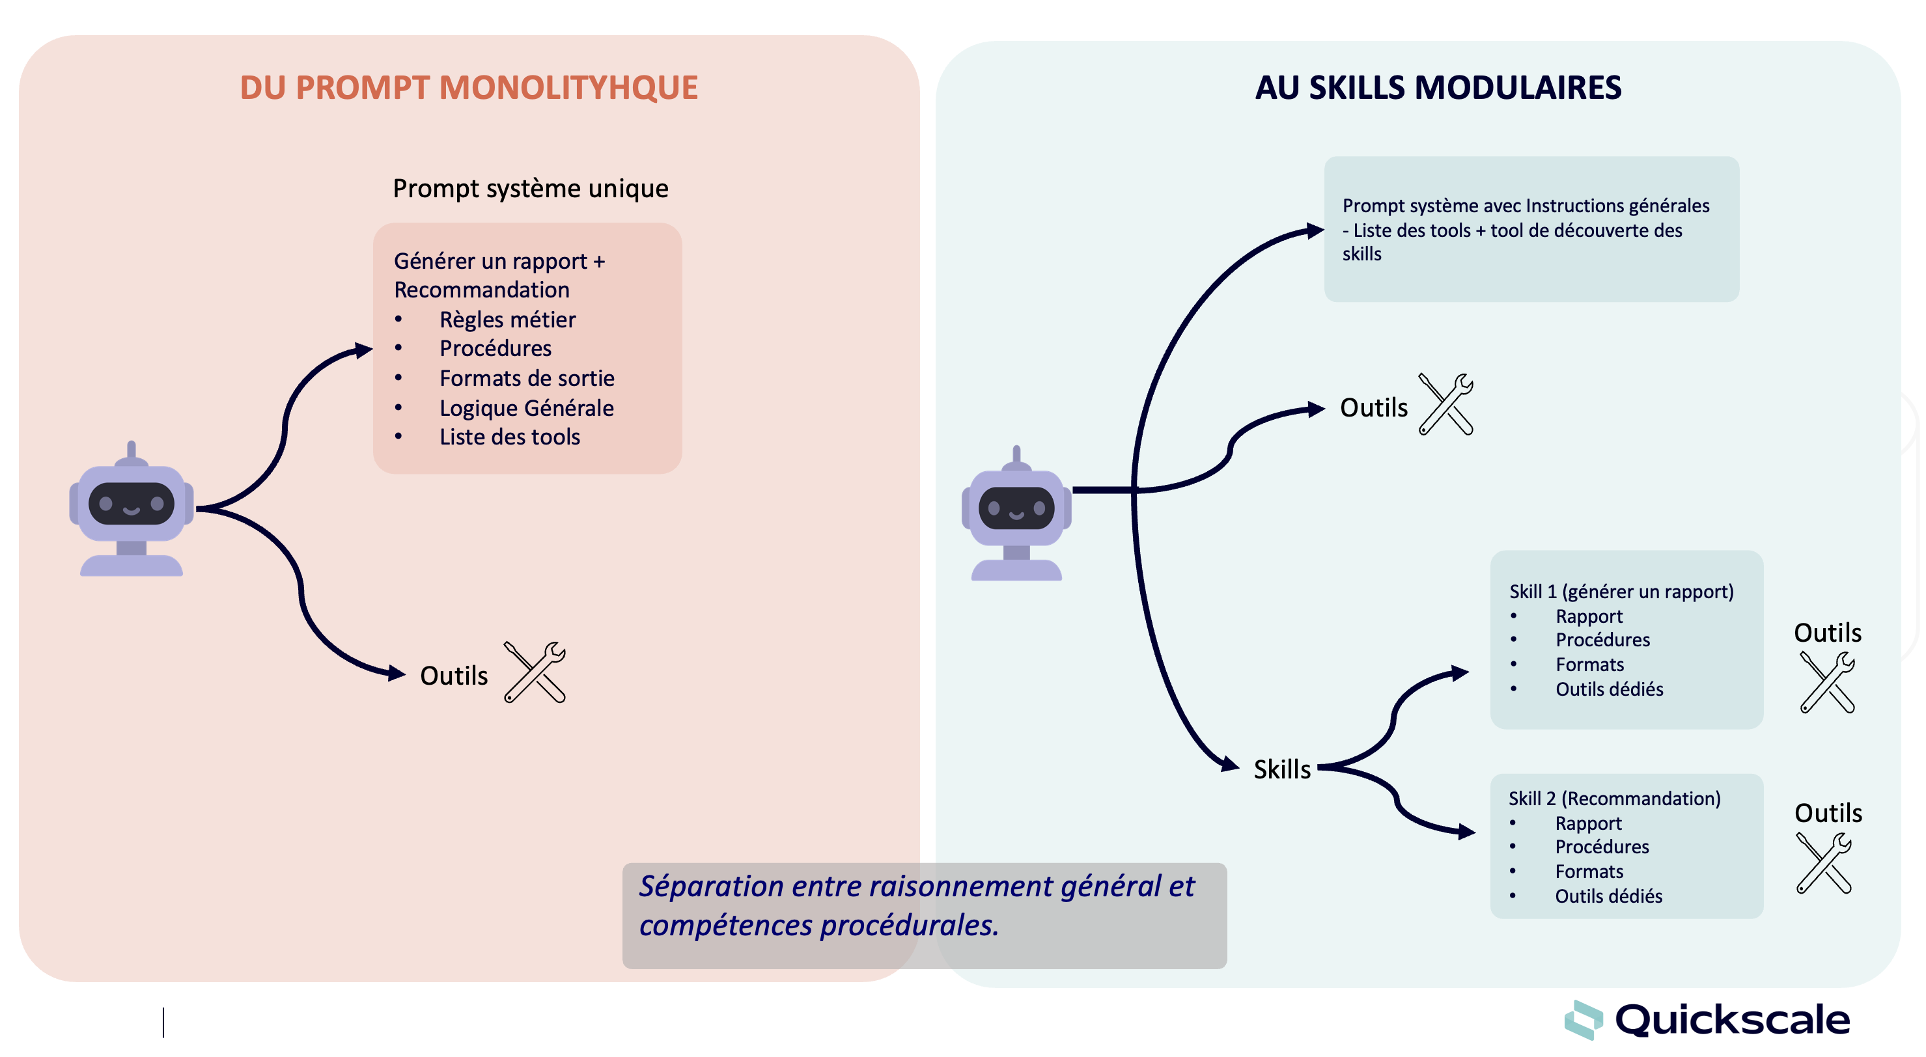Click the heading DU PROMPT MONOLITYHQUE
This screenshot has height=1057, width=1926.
click(x=468, y=87)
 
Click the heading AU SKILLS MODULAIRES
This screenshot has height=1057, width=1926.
click(x=1438, y=87)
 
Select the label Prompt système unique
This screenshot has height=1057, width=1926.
click(x=530, y=188)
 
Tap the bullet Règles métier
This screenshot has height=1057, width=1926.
click(x=507, y=320)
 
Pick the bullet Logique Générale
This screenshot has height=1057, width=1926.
click(x=526, y=408)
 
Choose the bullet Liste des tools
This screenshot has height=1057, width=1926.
click(x=509, y=437)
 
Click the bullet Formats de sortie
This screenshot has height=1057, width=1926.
click(x=526, y=378)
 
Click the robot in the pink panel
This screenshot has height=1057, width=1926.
click(x=132, y=510)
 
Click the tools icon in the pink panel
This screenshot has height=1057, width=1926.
click(x=535, y=672)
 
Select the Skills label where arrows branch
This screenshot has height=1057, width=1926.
click(x=1281, y=769)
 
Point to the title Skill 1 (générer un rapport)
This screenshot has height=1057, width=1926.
click(x=1621, y=591)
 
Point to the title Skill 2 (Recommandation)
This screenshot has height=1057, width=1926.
click(x=1614, y=799)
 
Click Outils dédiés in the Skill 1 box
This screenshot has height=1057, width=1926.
click(x=1609, y=689)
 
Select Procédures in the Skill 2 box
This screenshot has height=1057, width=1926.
click(x=1602, y=847)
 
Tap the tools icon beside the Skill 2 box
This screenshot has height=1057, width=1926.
click(x=1824, y=864)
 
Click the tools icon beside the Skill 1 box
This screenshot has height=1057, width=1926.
click(x=1827, y=683)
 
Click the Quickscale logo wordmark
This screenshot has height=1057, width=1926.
click(x=1731, y=1021)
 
